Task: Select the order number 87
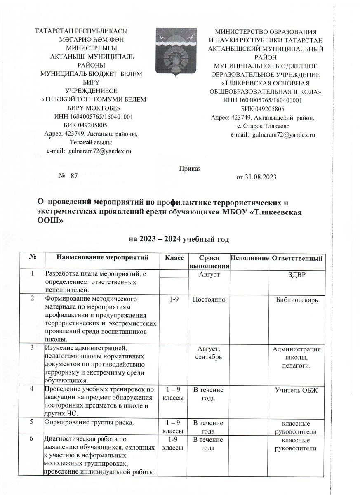click(74, 176)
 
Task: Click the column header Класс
click(174, 258)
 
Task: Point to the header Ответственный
click(298, 258)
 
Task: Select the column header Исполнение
click(249, 258)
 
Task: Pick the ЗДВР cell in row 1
click(298, 274)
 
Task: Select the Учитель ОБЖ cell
click(298, 389)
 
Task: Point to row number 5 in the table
click(32, 422)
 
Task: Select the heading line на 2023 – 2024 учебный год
click(179, 239)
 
